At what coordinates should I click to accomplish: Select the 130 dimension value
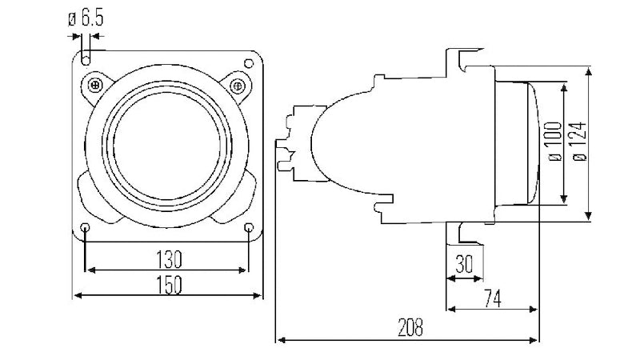pos(168,259)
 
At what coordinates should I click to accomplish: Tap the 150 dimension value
pos(168,284)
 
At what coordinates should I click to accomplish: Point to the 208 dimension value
pos(409,326)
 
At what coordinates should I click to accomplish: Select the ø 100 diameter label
pos(552,143)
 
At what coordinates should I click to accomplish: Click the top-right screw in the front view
pos(237,85)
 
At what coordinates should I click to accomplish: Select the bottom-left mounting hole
pos(86,230)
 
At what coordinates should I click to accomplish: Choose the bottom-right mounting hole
pos(250,230)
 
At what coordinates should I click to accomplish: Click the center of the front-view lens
pos(167,144)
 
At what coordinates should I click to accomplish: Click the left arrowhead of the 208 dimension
pos(279,340)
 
